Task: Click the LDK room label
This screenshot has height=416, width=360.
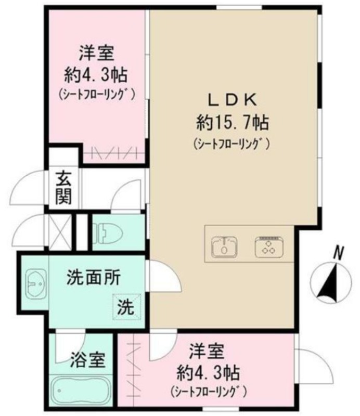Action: pyautogui.click(x=233, y=100)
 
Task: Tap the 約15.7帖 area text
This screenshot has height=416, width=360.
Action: pyautogui.click(x=233, y=122)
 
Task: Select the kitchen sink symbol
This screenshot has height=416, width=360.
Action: pyautogui.click(x=224, y=246)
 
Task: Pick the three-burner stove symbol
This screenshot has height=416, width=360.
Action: pyautogui.click(x=269, y=246)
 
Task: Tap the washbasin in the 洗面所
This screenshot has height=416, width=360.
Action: pyautogui.click(x=36, y=283)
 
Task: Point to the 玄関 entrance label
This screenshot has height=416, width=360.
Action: pyautogui.click(x=63, y=189)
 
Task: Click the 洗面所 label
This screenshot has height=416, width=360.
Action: pyautogui.click(x=94, y=278)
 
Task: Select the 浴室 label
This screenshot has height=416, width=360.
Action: pyautogui.click(x=87, y=360)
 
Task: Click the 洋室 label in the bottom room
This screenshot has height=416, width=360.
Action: pyautogui.click(x=207, y=352)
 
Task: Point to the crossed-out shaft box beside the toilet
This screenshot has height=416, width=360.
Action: pyautogui.click(x=60, y=231)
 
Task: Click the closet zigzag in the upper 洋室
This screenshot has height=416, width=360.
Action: pyautogui.click(x=114, y=153)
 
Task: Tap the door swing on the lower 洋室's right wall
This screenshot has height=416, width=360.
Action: pyautogui.click(x=315, y=366)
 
